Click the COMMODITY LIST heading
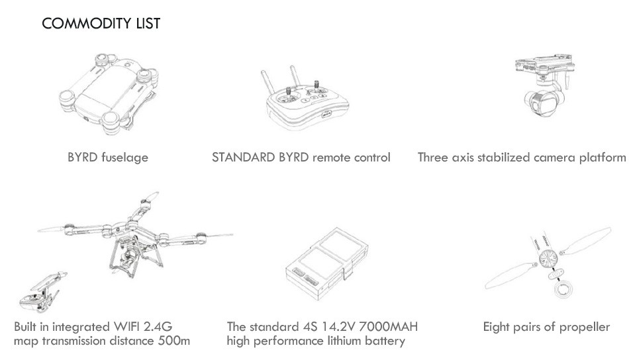(x=101, y=23)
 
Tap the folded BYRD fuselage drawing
(x=109, y=93)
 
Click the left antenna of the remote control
(x=267, y=82)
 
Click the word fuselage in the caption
(x=124, y=157)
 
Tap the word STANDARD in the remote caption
(x=243, y=157)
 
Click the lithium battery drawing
(x=327, y=264)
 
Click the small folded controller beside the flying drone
(x=42, y=292)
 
